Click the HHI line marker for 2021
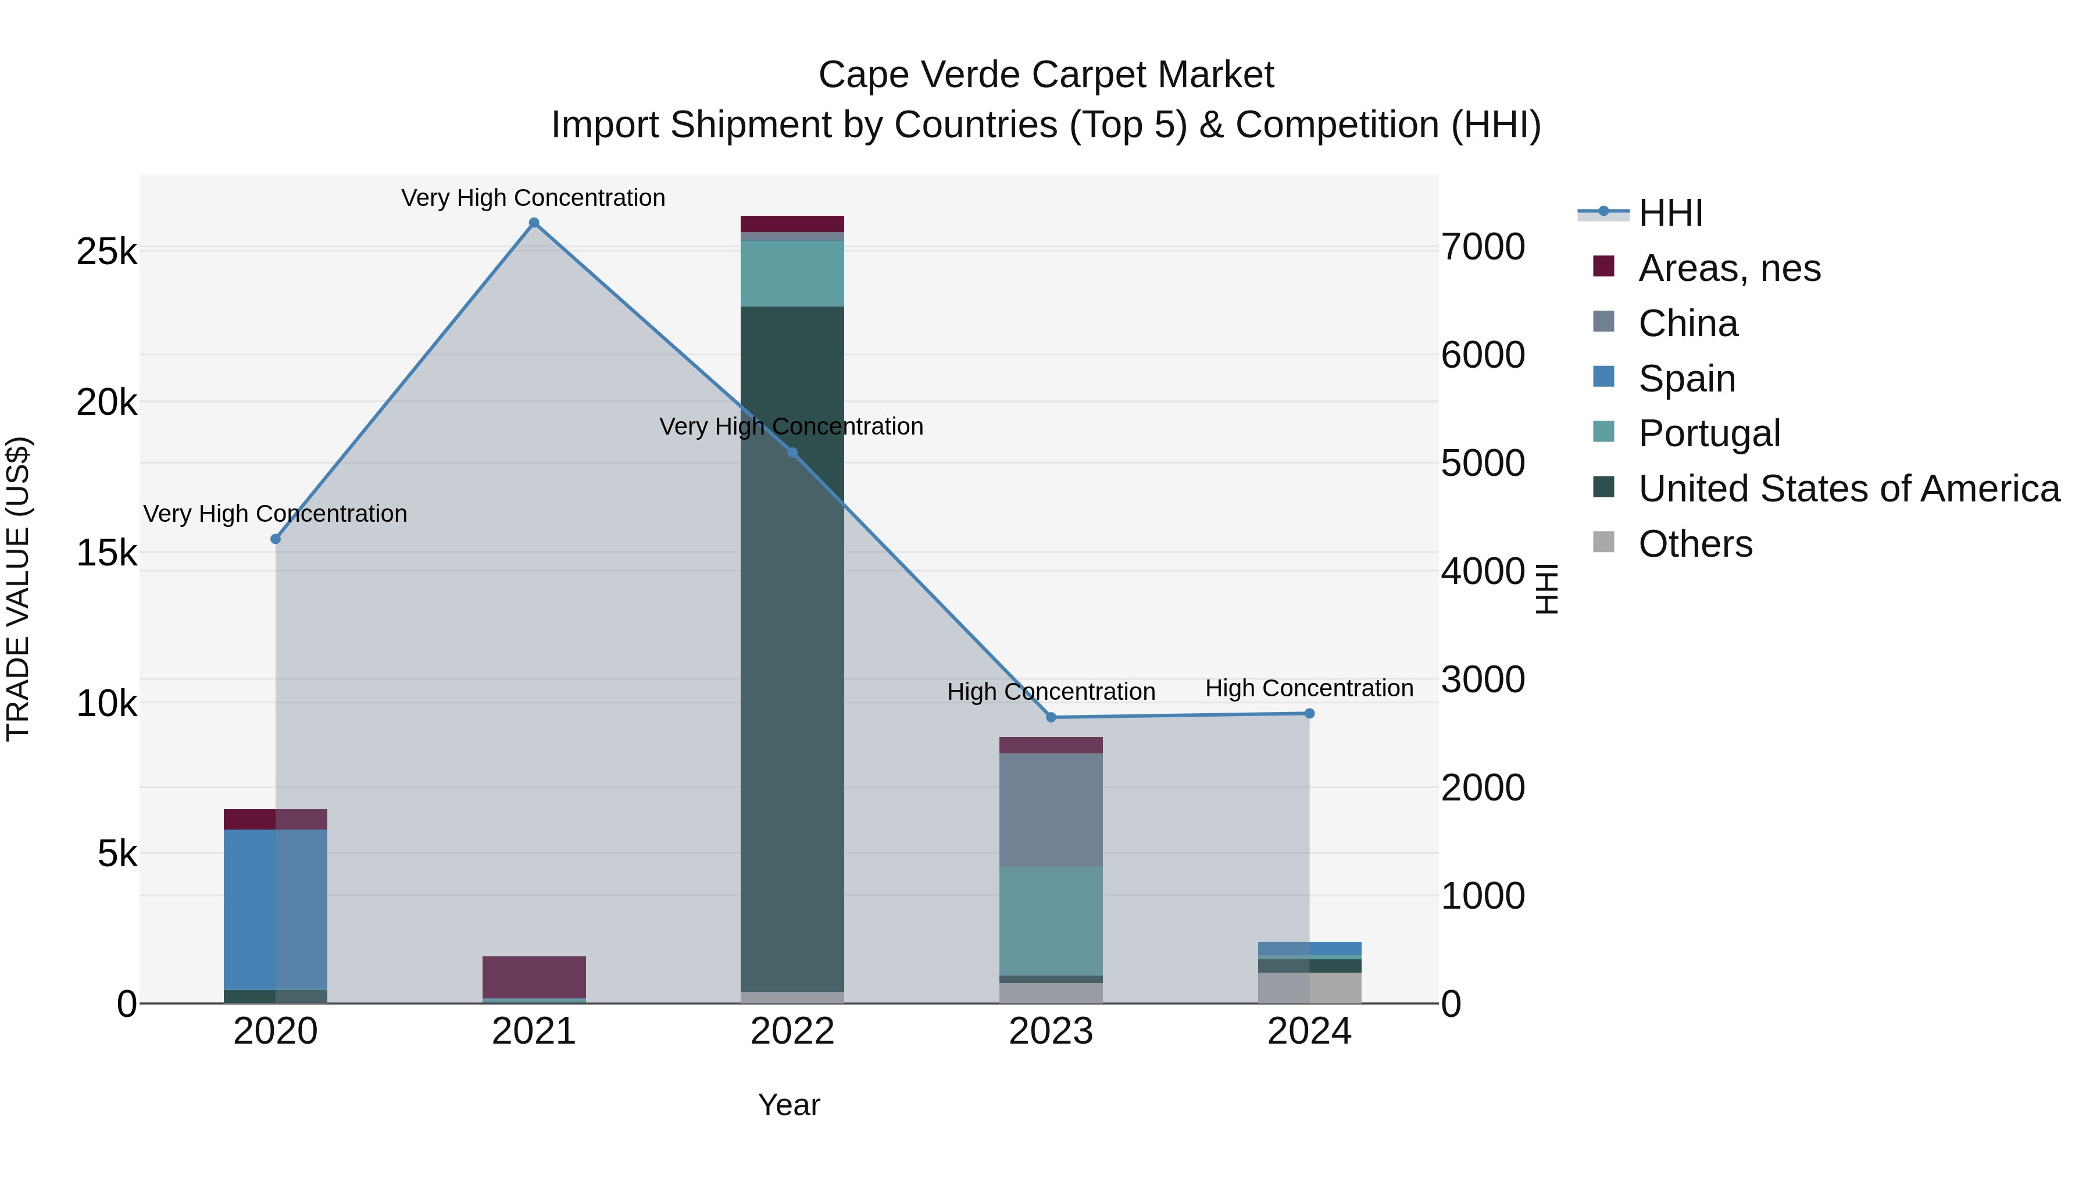[534, 223]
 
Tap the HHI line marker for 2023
[1051, 717]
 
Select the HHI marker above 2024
[1309, 713]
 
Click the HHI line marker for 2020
[276, 539]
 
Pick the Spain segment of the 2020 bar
[276, 909]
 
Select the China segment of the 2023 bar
[1051, 810]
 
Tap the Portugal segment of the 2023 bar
[1051, 920]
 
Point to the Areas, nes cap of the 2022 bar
[792, 223]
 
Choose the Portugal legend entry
[1709, 433]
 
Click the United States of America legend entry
[1848, 489]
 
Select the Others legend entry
[1695, 544]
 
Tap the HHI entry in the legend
[1670, 213]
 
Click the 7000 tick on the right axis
[1483, 247]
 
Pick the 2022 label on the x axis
[792, 1031]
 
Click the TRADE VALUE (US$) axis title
[18, 589]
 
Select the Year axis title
[789, 1105]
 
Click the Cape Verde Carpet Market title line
[1046, 75]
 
